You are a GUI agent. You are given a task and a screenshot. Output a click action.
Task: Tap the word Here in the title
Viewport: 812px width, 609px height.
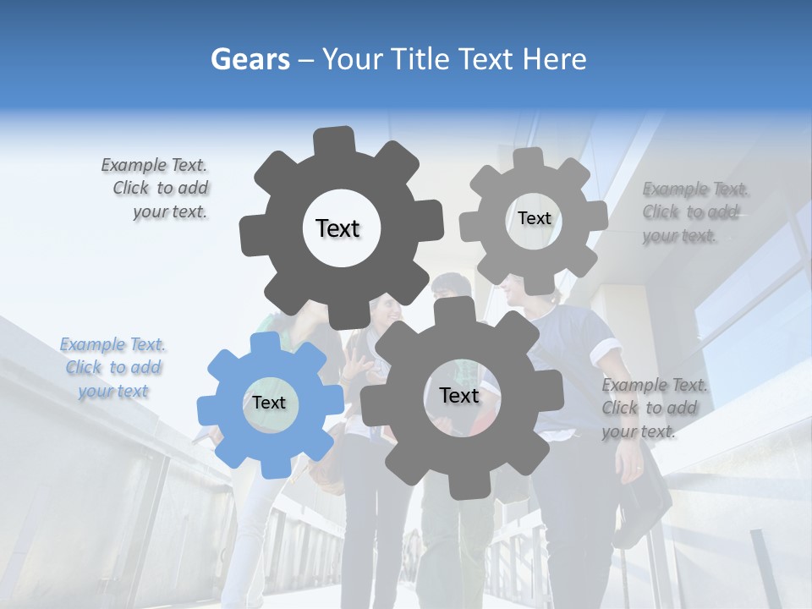(553, 59)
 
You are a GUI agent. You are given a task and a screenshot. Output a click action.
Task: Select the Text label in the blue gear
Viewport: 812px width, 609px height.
(269, 403)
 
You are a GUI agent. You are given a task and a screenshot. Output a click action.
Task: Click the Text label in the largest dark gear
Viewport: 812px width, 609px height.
(337, 228)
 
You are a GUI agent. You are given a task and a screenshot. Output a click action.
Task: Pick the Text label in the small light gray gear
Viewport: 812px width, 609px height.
(534, 218)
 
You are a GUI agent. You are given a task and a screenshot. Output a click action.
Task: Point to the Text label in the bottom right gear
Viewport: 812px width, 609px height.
(459, 396)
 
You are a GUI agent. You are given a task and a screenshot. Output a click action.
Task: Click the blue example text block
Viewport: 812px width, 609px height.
(113, 368)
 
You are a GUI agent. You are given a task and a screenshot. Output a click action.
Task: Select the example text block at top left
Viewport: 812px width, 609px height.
(156, 189)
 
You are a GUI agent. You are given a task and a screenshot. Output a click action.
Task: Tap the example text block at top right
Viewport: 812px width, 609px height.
(695, 212)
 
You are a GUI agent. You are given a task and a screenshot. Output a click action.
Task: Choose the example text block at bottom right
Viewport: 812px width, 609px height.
(654, 409)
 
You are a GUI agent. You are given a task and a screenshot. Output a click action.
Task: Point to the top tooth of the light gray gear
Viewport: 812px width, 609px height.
(529, 158)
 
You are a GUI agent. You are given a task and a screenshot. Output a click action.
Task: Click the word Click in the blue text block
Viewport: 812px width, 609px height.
(84, 368)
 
